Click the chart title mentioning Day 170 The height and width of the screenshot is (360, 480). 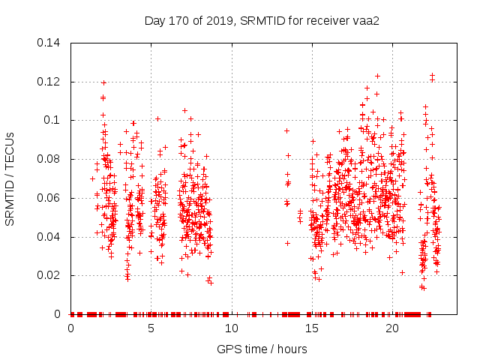(262, 20)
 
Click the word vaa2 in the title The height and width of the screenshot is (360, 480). (367, 20)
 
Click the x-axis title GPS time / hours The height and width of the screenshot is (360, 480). (262, 349)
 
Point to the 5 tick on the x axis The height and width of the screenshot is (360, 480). (151, 328)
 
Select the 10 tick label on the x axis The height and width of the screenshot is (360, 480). (232, 328)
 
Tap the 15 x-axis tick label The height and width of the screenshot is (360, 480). (312, 328)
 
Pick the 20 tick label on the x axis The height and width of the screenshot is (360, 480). (392, 328)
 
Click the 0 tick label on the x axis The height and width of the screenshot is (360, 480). (71, 328)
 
